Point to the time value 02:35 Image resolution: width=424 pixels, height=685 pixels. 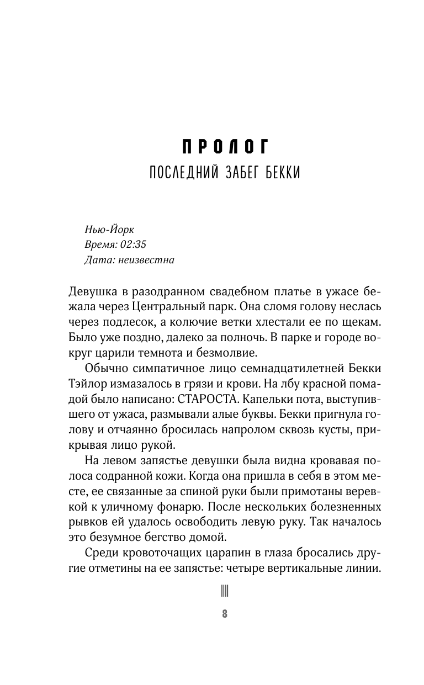click(131, 244)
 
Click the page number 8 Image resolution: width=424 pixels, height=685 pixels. click(225, 614)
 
